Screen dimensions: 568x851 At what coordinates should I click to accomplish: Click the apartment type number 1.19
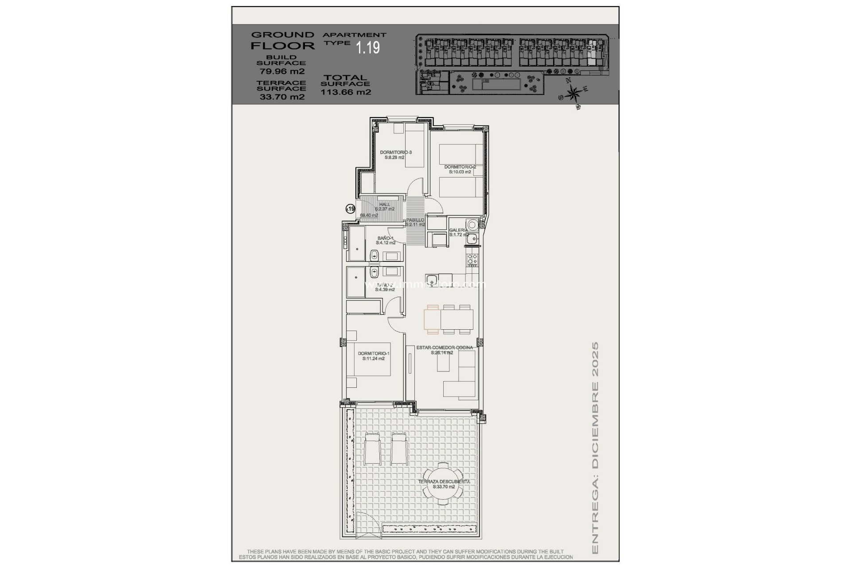point(368,47)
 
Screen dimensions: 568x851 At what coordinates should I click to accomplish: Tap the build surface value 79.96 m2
point(282,71)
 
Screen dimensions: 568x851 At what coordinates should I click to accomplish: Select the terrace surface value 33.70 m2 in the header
point(282,97)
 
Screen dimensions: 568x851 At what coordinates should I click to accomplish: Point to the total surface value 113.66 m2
point(346,92)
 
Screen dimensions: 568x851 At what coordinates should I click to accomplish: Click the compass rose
point(574,94)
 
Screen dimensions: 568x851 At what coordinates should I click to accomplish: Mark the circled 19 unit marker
point(351,209)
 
